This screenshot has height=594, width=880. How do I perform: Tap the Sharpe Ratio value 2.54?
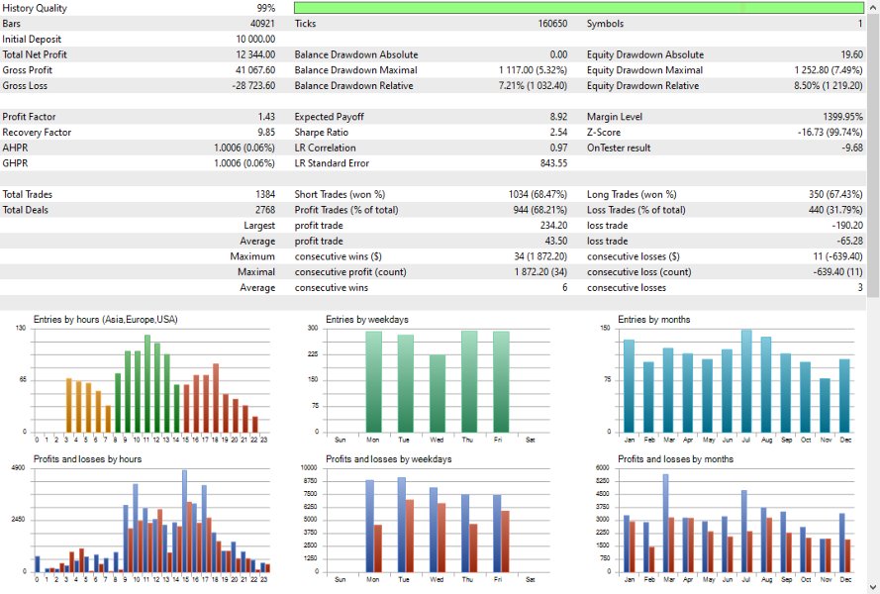(x=558, y=133)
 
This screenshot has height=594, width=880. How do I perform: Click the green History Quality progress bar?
(x=578, y=7)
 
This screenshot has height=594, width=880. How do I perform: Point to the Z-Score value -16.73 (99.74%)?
(x=821, y=133)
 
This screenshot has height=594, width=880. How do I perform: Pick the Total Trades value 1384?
(x=265, y=195)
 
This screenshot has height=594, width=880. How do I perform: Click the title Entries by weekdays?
(x=366, y=319)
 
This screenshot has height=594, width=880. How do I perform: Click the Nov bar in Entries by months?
(x=825, y=404)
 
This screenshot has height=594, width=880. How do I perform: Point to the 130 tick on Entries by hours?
(x=21, y=328)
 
